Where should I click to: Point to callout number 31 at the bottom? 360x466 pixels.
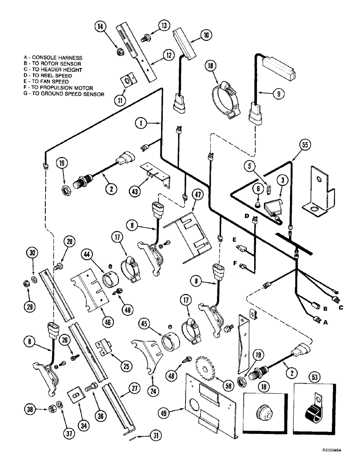154,436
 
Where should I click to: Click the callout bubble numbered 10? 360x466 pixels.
206,34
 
